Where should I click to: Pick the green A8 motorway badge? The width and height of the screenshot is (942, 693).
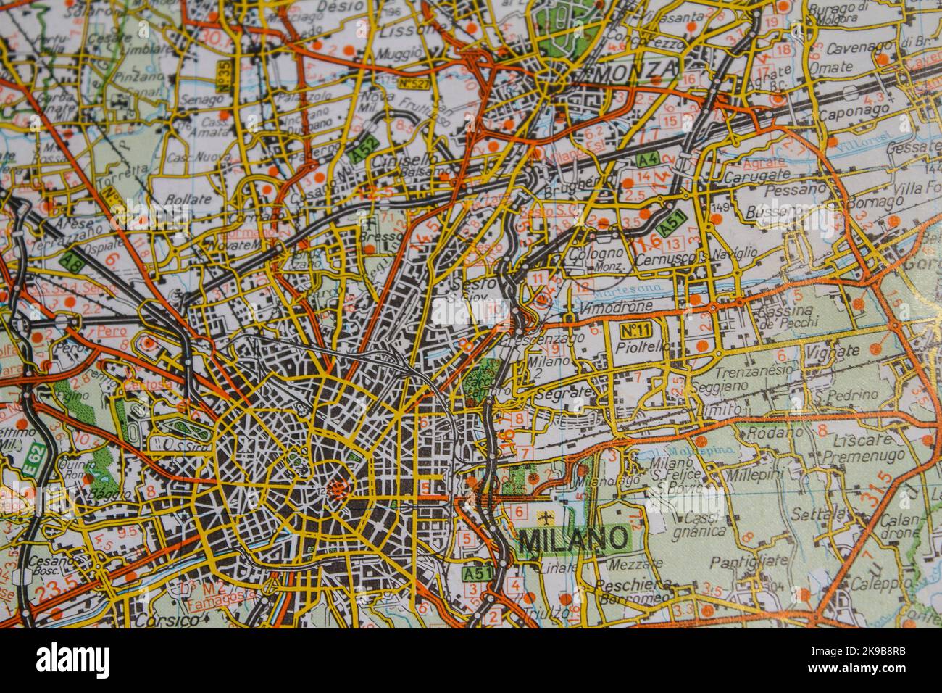pyautogui.click(x=72, y=260)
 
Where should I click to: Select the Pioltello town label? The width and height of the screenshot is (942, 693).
pyautogui.click(x=638, y=348)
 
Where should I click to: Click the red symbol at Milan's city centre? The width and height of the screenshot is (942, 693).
pyautogui.click(x=338, y=486)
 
